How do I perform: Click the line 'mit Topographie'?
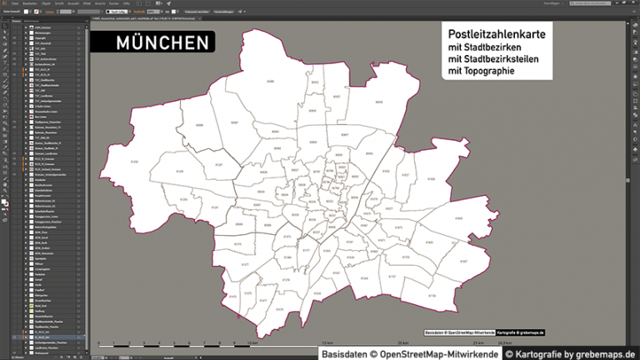[x=481, y=72]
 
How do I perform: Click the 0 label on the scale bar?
[x=99, y=342]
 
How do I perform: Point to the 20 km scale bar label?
[x=402, y=342]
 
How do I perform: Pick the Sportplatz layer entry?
[x=42, y=258]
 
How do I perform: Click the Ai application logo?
[x=4, y=3]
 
